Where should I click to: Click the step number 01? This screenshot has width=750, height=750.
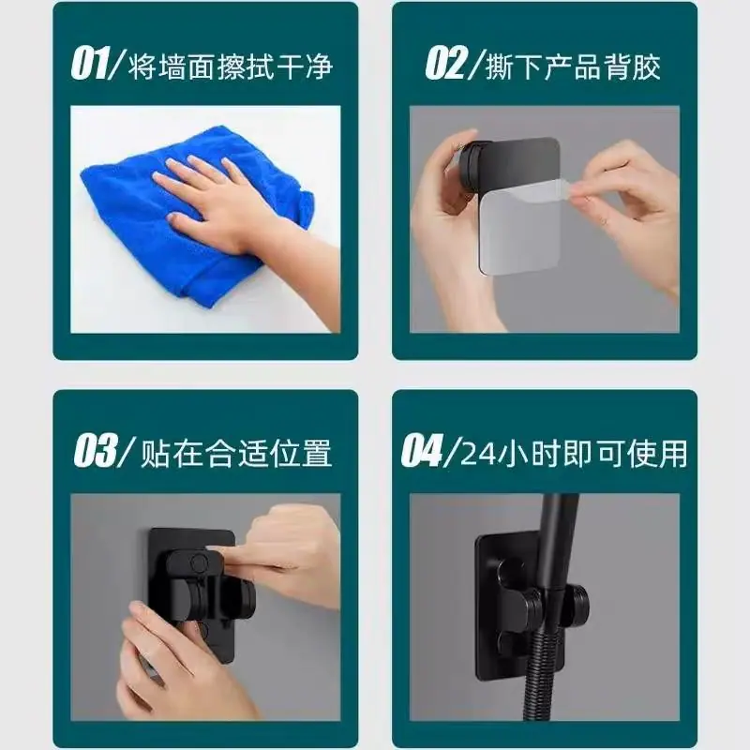click(x=90, y=64)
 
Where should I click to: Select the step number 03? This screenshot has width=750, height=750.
click(x=96, y=451)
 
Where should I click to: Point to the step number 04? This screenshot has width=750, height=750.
click(x=422, y=451)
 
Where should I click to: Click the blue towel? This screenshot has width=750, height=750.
click(x=191, y=210)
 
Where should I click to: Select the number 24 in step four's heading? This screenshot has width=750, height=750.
click(x=479, y=453)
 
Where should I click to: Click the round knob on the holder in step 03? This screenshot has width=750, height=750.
click(x=198, y=562)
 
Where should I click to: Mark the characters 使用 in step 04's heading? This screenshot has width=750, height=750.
click(x=658, y=453)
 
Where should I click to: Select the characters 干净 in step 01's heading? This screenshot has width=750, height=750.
click(x=303, y=66)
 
